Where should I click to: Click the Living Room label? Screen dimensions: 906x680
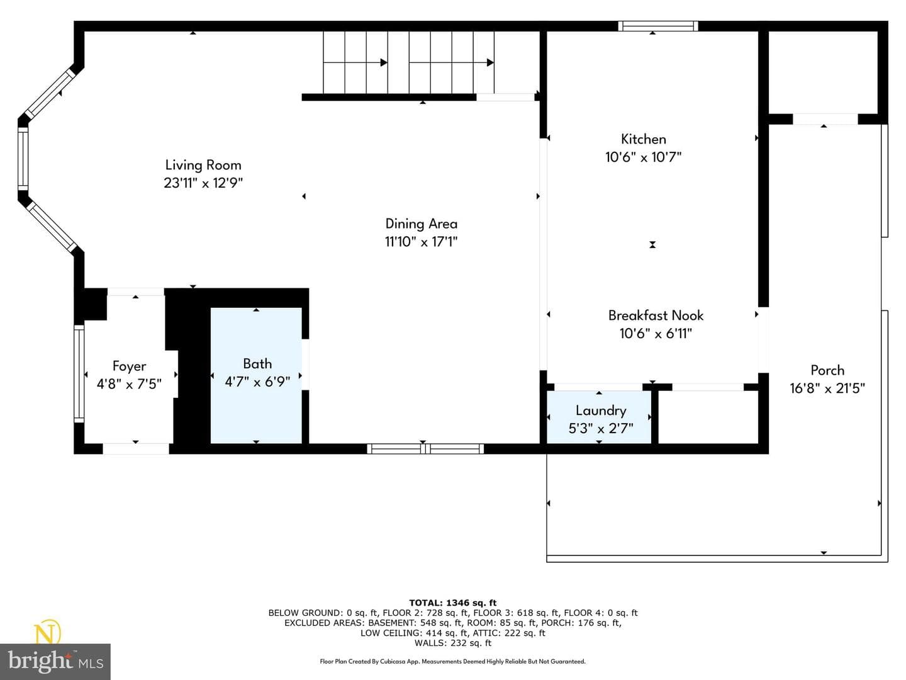(203, 165)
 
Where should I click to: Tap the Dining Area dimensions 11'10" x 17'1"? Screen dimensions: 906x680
(421, 242)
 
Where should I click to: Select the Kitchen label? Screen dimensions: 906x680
(644, 139)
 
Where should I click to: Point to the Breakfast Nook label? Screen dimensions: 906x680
(656, 315)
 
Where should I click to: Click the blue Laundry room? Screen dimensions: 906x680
(599, 417)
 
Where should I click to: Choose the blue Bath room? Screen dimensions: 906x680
(256, 375)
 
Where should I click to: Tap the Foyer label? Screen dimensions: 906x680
(129, 366)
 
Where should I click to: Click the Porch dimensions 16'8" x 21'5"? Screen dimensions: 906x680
(827, 388)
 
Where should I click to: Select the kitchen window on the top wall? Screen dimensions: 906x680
(658, 26)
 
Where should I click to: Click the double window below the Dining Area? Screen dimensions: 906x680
(425, 449)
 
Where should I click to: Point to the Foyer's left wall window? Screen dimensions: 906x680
(79, 373)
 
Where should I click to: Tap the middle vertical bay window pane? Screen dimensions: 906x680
(23, 159)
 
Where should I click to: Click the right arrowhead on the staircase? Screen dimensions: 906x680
(490, 63)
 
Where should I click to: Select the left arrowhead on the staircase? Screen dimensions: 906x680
(384, 63)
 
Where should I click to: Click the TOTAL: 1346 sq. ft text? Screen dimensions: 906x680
(453, 603)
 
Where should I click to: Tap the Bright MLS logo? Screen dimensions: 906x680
(55, 660)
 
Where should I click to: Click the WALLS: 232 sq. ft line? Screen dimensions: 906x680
(453, 643)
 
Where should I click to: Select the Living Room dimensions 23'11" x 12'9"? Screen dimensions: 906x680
(203, 183)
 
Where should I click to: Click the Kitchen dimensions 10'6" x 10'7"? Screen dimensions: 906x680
(644, 157)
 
